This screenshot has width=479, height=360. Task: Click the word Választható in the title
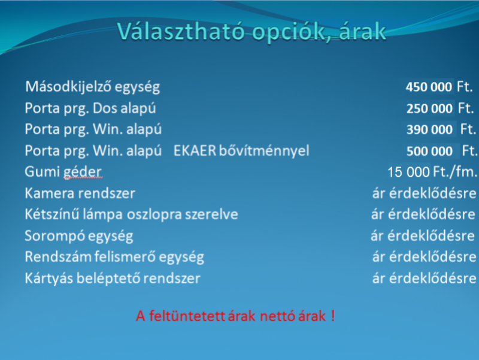(181, 31)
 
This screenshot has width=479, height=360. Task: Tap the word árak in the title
(363, 31)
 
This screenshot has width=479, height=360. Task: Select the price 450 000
(429, 87)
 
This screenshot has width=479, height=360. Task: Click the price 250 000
(429, 108)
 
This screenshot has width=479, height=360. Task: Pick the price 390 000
(429, 129)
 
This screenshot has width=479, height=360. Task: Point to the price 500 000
(429, 151)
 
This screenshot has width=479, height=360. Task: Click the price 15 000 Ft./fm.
(432, 172)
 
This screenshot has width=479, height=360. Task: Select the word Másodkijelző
(68, 87)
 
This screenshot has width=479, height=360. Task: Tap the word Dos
(105, 108)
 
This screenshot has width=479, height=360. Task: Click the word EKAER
(195, 151)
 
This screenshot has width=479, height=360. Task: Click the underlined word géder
(83, 173)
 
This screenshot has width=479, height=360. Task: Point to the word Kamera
(50, 193)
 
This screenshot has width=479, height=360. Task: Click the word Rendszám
(57, 257)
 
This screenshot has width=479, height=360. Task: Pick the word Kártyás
(49, 279)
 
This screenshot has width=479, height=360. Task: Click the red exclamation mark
(333, 316)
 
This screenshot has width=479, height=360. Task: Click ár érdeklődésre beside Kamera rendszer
(424, 193)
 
